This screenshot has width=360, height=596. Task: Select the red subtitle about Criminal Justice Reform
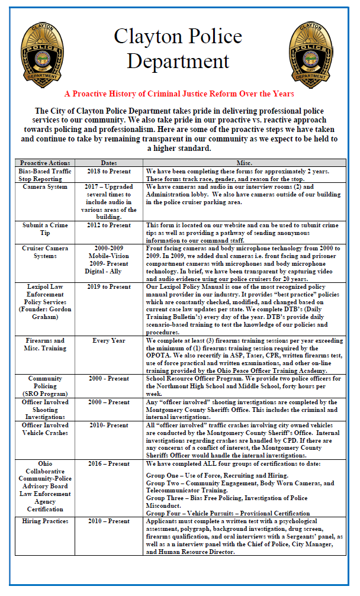pos(179,94)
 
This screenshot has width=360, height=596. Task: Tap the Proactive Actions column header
pos(45,163)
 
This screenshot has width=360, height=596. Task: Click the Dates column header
pos(109,163)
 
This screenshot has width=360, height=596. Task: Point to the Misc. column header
pos(244,163)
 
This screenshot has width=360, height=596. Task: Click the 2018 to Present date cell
pos(109,171)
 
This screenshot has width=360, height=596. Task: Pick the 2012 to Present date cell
pos(109,225)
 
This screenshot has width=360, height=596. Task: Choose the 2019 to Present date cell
pos(109,287)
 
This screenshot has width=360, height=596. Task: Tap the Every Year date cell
pos(109,341)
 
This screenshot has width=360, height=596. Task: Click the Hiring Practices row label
pos(45,521)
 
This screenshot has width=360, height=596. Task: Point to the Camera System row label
pos(45,186)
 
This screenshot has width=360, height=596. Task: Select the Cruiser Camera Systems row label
pos(45,252)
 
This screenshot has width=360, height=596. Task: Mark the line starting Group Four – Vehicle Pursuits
pos(227,513)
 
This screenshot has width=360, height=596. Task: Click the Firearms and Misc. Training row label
pos(45,345)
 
